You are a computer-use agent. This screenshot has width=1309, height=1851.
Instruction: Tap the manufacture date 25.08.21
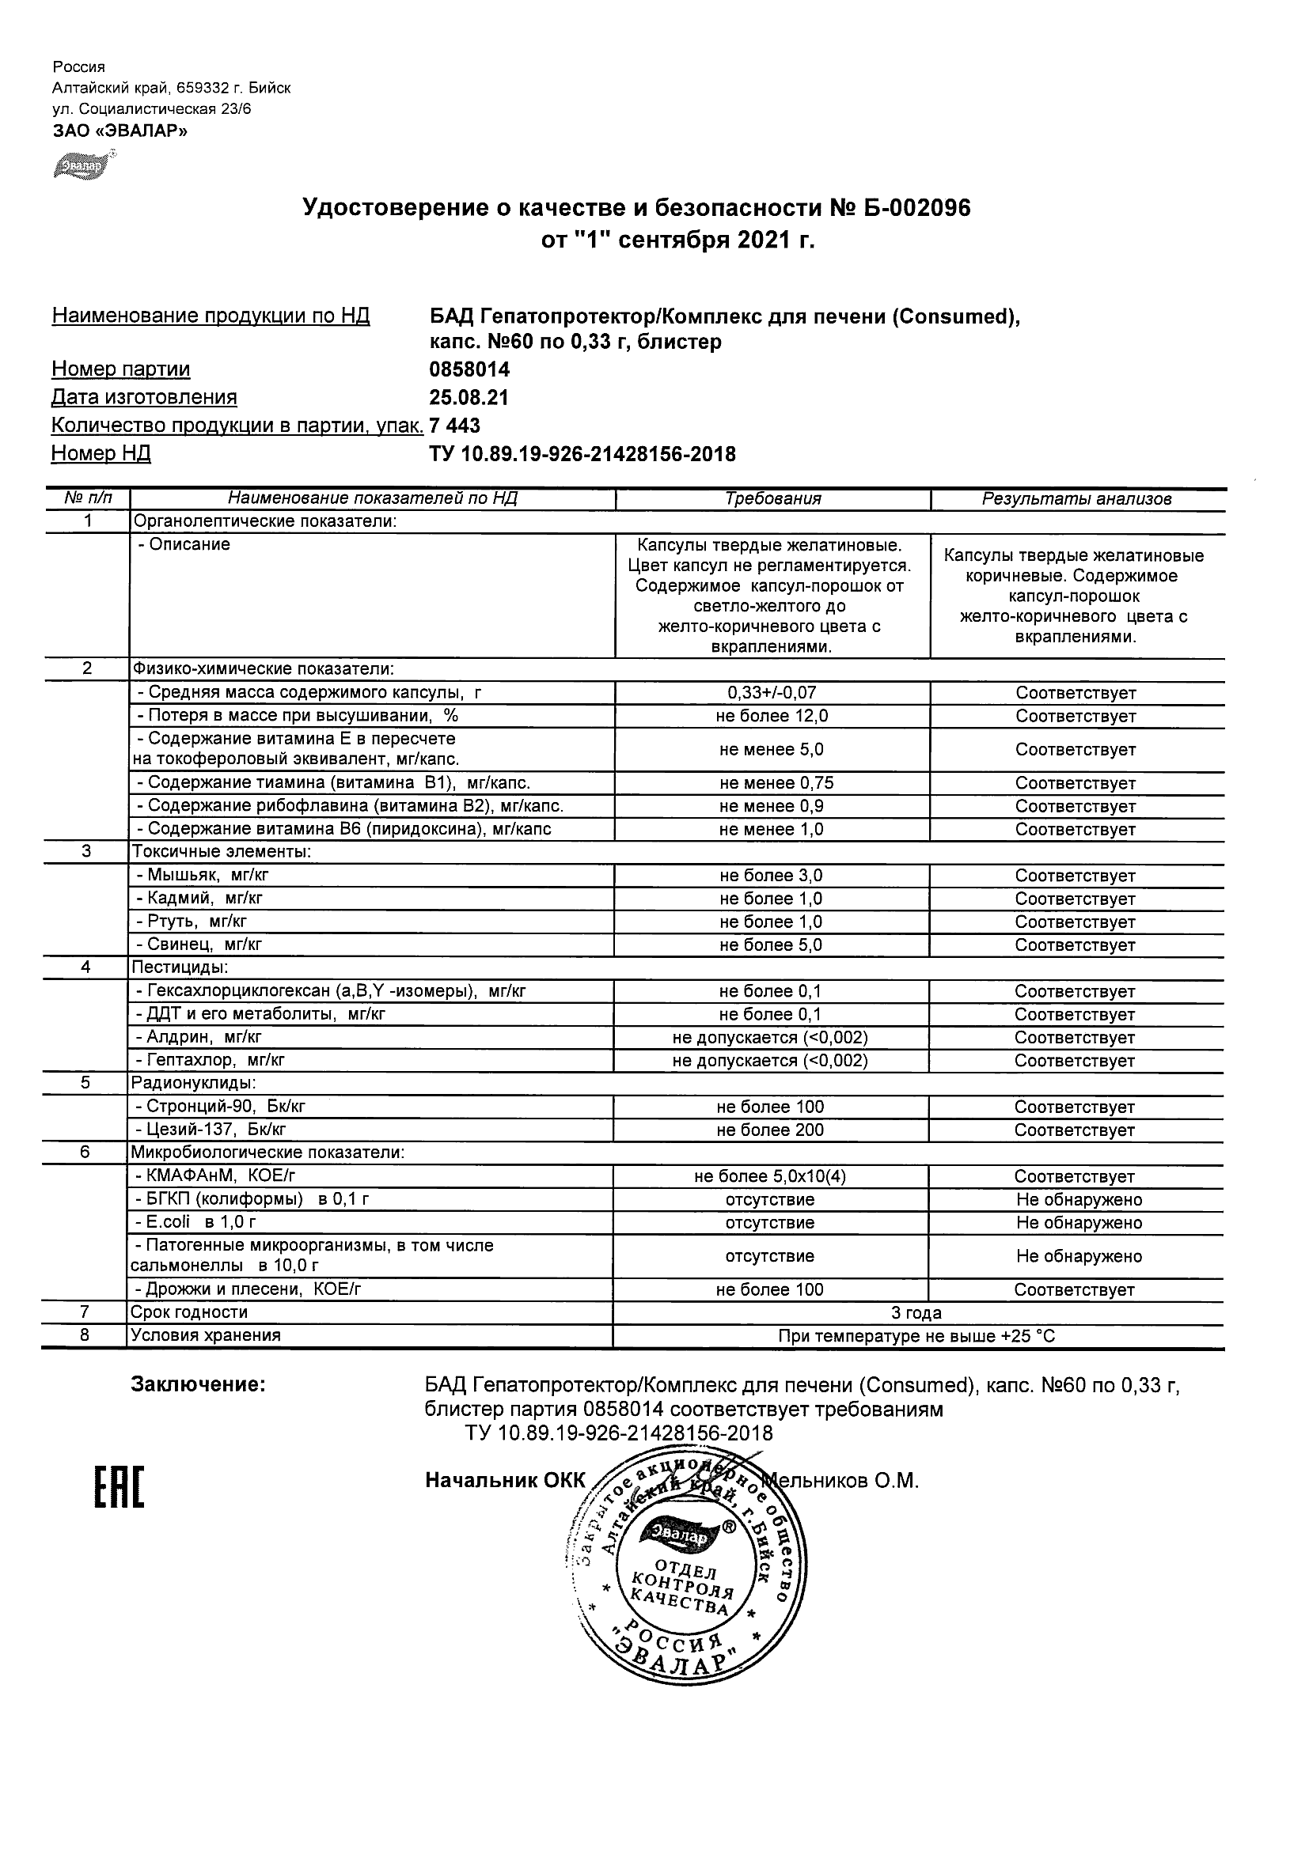(469, 397)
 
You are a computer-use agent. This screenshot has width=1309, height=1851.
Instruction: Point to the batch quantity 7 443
(456, 425)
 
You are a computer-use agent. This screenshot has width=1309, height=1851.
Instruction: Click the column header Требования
(772, 499)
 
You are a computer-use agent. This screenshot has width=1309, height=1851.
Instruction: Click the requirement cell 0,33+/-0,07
(772, 692)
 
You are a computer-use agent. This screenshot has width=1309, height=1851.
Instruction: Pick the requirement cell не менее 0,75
(772, 783)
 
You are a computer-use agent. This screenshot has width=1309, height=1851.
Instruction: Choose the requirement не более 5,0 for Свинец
(772, 944)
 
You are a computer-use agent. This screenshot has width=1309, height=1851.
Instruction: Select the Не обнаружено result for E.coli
(1079, 1223)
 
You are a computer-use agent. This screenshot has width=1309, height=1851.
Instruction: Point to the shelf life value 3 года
(917, 1312)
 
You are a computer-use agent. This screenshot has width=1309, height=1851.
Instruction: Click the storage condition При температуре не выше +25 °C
(917, 1336)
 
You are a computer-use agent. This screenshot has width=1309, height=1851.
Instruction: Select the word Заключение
(199, 1385)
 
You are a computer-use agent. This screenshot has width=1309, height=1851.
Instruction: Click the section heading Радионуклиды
(194, 1084)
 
